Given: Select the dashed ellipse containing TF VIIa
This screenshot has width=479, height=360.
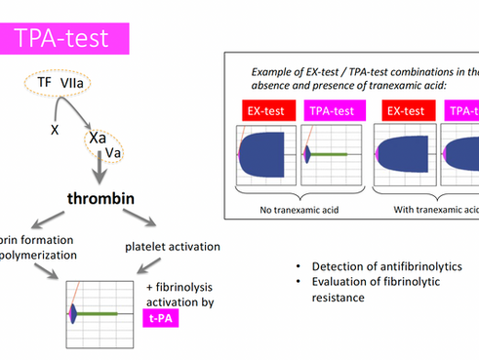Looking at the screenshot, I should pos(58,87).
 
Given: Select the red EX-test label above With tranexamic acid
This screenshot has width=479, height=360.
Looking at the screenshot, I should pos(403,112).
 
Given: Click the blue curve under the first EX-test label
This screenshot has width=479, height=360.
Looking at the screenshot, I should pos(263,154).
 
